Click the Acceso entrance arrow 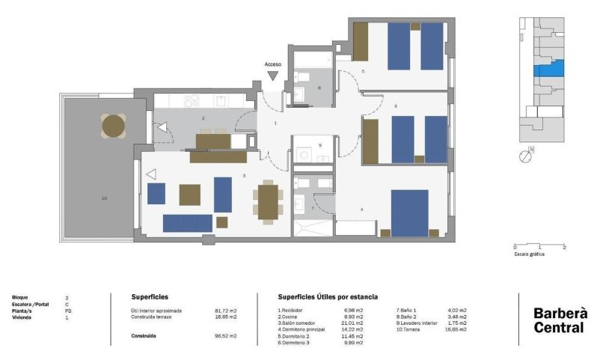coord(273,75)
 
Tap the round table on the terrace coord(114,126)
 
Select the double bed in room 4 coord(409,213)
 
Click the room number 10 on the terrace coord(105,198)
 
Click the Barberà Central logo coord(560,320)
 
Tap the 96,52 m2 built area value coord(226,337)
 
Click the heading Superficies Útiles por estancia coord(328,297)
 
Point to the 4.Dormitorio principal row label coord(301,329)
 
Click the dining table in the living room coord(268,201)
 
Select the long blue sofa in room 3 coord(187,222)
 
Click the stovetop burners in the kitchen coord(192,100)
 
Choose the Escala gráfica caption coord(530,254)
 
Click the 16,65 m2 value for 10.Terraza coord(456,329)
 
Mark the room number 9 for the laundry coord(319,145)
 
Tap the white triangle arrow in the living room coord(151,174)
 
